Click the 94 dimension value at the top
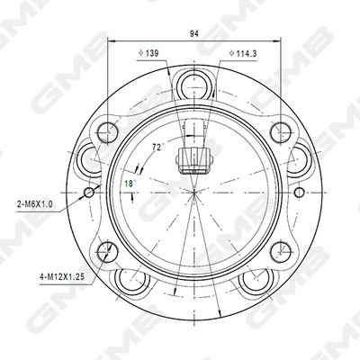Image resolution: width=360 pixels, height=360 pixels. (194, 33)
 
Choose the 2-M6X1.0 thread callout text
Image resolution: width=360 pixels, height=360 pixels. (34, 204)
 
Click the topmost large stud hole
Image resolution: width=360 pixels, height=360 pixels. (194, 87)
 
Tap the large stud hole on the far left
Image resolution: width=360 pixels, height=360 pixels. (92, 161)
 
